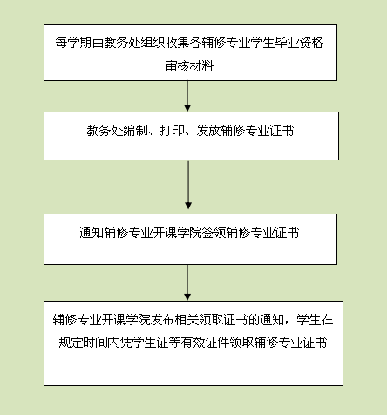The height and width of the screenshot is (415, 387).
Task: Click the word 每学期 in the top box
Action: coord(74,43)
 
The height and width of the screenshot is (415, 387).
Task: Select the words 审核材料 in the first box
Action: coord(189,66)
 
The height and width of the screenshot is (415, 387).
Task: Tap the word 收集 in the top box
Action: coord(178,43)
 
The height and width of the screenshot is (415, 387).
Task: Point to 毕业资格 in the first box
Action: coord(299,43)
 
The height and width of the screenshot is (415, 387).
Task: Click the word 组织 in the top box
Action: coord(153,43)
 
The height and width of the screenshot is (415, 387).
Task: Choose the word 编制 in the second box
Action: coord(135,131)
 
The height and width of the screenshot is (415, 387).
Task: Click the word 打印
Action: coord(172,131)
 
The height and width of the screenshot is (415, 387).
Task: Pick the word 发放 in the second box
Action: coord(208,131)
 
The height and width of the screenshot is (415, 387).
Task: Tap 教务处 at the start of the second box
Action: coord(105,131)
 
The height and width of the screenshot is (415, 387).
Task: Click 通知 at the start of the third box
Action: coord(92,233)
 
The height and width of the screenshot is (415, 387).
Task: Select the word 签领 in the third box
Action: coord(214,233)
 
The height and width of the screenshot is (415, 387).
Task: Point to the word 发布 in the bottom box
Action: coord(163,320)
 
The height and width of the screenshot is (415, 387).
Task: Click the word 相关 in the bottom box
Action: coord(187,320)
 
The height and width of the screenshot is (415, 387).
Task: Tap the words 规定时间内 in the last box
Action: coord(89,343)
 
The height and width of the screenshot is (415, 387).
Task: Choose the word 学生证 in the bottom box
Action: coord(150,343)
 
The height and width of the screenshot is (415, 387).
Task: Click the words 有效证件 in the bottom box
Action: coord(205,343)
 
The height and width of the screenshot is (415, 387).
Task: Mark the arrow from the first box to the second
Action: coord(187,96)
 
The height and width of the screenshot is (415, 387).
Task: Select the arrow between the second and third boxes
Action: coord(188,185)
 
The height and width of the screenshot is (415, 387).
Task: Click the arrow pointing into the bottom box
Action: coord(187,282)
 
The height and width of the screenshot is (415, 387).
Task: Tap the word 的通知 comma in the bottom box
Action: coord(273,320)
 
